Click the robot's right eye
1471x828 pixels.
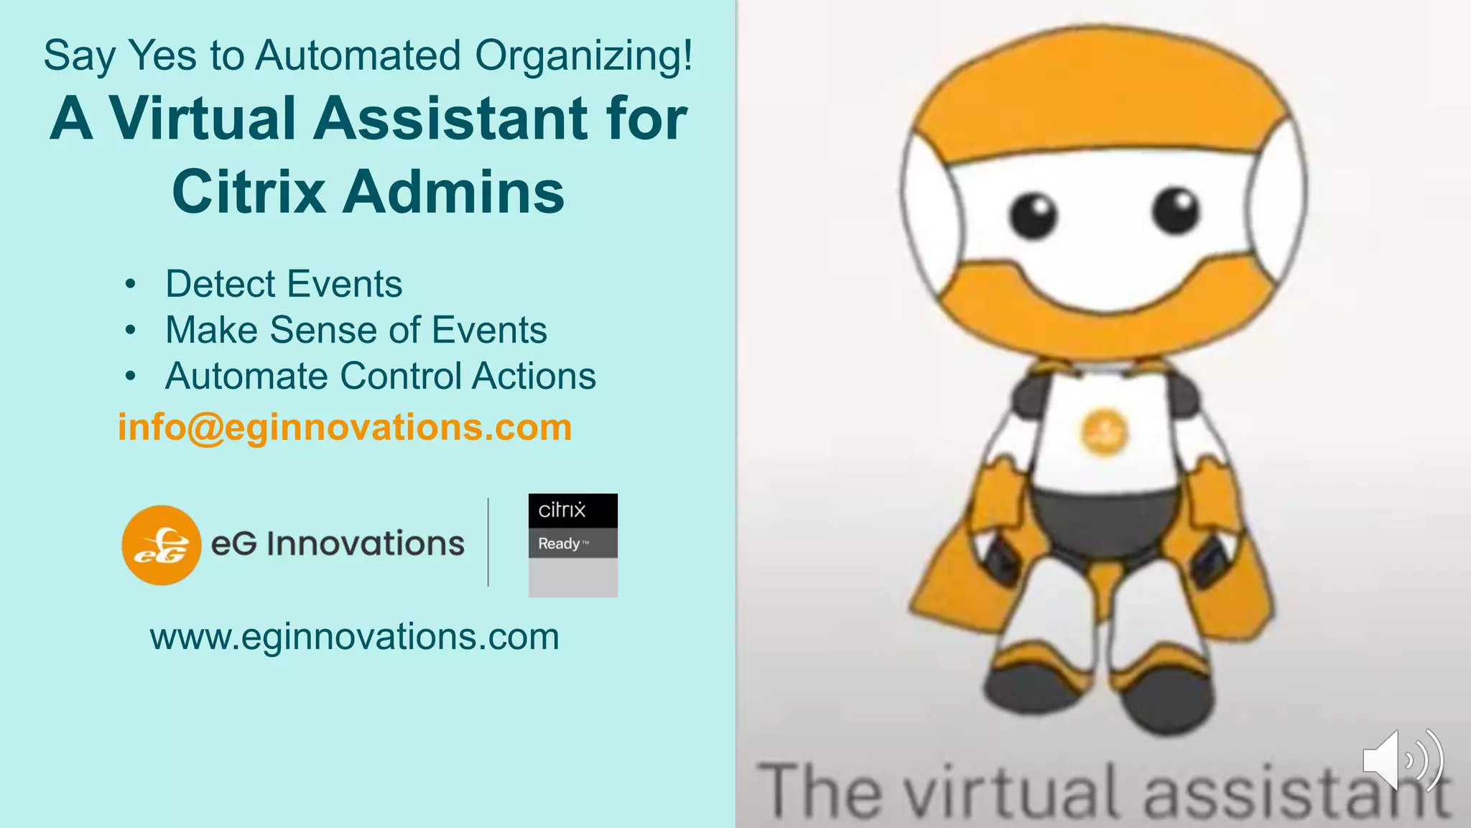coord(1176,209)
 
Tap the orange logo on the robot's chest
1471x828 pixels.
coord(1104,433)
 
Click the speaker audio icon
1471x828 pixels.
coord(1401,760)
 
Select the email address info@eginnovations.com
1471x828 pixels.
coord(345,428)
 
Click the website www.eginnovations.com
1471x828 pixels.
coord(354,637)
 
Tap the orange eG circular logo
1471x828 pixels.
coord(161,545)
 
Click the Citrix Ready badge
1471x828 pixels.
coord(572,545)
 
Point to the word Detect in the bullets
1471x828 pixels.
coord(218,284)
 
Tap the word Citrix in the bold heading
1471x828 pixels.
coord(249,192)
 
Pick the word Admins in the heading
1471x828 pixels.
coord(453,192)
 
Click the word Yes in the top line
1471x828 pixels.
coord(162,55)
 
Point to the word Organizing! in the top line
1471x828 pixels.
coord(584,57)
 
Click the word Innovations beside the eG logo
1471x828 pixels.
coord(366,544)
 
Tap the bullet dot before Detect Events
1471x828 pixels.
coord(130,285)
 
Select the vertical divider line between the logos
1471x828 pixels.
coord(488,543)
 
